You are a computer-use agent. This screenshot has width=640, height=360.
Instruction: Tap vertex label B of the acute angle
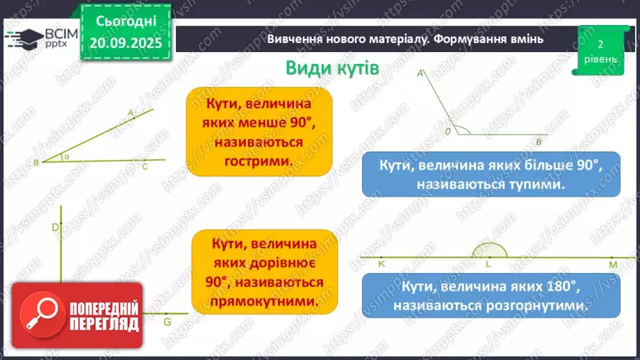(35, 163)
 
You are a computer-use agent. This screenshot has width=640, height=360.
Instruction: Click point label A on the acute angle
(130, 111)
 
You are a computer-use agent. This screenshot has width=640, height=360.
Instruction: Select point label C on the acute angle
(145, 167)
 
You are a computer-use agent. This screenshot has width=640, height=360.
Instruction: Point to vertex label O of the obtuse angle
(448, 130)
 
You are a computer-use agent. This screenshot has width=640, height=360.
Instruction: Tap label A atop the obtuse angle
(420, 72)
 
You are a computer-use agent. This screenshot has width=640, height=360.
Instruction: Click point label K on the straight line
(381, 264)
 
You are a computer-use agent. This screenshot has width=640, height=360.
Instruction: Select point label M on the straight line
(613, 265)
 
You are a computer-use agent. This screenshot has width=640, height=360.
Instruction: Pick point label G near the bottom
(167, 322)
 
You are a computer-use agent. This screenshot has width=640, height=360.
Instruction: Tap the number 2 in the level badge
(600, 44)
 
